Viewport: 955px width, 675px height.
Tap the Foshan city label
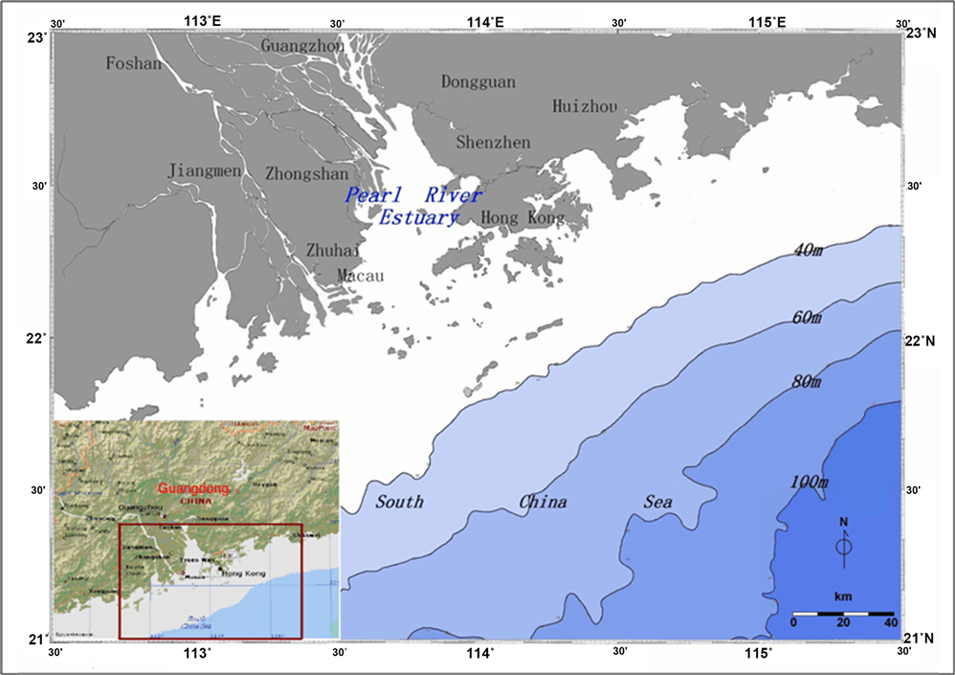pyautogui.click(x=133, y=64)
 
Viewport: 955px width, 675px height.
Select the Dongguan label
pyautogui.click(x=477, y=82)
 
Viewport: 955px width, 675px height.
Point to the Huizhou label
pyautogui.click(x=585, y=106)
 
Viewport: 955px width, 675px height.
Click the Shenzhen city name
pyautogui.click(x=493, y=143)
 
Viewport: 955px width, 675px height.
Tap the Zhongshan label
pyautogui.click(x=306, y=174)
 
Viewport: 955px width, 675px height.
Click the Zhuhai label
pyautogui.click(x=333, y=250)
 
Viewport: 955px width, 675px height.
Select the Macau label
pyautogui.click(x=360, y=277)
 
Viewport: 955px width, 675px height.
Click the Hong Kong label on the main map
pyautogui.click(x=522, y=218)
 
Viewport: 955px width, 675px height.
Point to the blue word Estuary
pyautogui.click(x=418, y=218)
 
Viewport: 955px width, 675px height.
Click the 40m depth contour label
pyautogui.click(x=809, y=251)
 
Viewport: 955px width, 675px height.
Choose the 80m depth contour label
pyautogui.click(x=806, y=382)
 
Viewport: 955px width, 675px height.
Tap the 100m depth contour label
pyautogui.click(x=809, y=481)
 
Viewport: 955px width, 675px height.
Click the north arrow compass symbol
pyautogui.click(x=843, y=546)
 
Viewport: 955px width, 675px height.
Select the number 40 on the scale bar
pyautogui.click(x=891, y=623)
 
